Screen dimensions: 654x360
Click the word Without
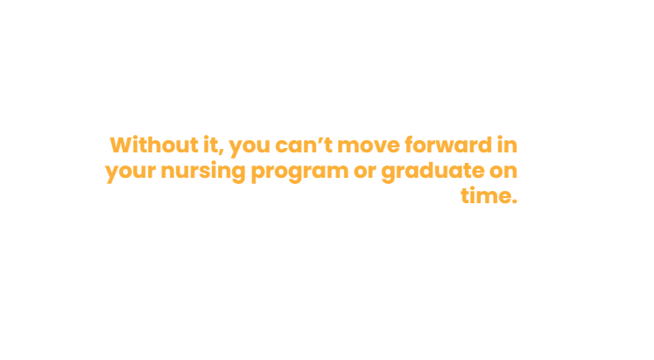(x=154, y=145)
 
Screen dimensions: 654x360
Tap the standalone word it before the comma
(x=210, y=145)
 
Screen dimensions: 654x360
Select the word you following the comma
(x=250, y=148)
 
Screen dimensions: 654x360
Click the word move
(x=369, y=148)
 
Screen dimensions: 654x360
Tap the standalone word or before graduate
(x=365, y=171)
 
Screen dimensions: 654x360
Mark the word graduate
(x=433, y=171)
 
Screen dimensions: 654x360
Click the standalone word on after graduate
(x=503, y=171)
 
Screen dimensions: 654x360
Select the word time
(x=486, y=195)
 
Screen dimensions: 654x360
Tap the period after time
(x=515, y=202)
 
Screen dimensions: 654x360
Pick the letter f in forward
(x=410, y=145)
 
